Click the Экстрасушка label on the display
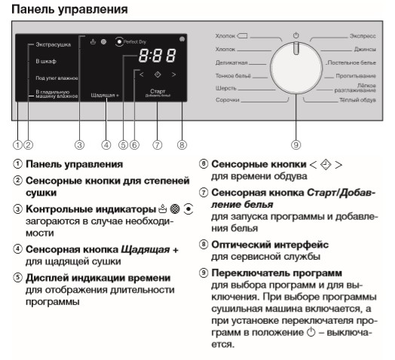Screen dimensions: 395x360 coord(54,44)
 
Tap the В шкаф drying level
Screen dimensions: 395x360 coord(46,61)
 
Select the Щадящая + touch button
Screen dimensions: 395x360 coord(105,95)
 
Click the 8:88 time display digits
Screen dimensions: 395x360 coord(158,56)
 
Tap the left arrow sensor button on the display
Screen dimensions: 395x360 coord(142,75)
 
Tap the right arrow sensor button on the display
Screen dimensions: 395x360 coord(173,75)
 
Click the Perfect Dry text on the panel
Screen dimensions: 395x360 coord(135,41)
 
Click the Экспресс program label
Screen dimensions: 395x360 coord(363,36)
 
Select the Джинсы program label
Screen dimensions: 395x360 coord(365,49)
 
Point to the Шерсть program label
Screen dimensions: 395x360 coord(225,88)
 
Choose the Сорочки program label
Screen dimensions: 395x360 coord(227,100)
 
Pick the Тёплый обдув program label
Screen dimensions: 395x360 coord(357,100)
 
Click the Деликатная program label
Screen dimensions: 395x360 coord(231,63)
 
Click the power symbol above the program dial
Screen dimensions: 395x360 coord(296,35)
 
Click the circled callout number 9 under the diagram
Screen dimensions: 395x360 coord(296,145)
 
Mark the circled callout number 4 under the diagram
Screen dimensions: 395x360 coord(106,145)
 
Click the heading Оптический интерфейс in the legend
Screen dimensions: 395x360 coord(270,245)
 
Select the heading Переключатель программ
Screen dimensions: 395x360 coord(277,273)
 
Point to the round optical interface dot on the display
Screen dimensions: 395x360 coord(182,39)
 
